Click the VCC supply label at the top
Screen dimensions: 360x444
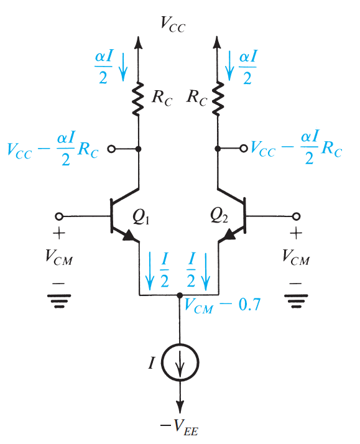click(x=173, y=24)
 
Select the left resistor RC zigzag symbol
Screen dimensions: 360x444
click(x=139, y=99)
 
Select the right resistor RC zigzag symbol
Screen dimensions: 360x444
click(x=218, y=99)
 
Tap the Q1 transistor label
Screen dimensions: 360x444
click(x=141, y=218)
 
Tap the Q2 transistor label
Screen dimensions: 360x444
click(x=219, y=216)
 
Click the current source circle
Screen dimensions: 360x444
click(x=180, y=362)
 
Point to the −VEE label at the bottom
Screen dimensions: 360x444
click(x=180, y=427)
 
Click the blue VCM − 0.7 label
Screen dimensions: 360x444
click(x=222, y=305)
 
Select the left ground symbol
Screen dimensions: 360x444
click(x=59, y=301)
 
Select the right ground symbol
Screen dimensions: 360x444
click(x=296, y=301)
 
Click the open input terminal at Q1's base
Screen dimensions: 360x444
click(x=59, y=216)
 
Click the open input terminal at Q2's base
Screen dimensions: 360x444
click(x=297, y=216)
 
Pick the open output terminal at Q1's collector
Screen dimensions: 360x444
click(x=111, y=149)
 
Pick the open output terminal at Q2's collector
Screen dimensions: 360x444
click(x=244, y=148)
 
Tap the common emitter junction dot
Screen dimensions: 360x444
click(x=180, y=295)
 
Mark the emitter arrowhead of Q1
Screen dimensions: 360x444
click(x=129, y=235)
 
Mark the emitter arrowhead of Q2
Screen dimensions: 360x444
click(x=229, y=234)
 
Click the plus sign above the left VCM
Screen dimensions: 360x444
click(x=59, y=233)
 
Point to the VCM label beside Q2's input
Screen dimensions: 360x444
click(x=296, y=257)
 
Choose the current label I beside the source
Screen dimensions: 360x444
click(x=152, y=363)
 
